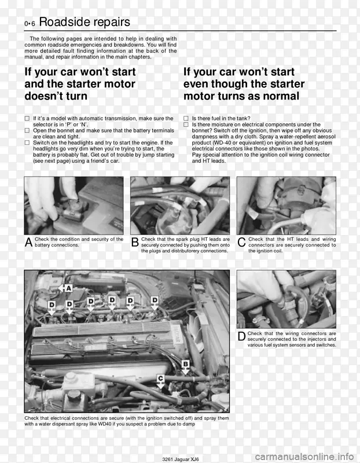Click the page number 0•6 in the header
click(30, 24)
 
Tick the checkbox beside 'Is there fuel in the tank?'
click(186, 119)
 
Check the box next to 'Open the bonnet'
click(27, 131)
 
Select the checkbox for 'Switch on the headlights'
click(27, 142)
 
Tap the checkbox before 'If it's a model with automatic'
click(27, 119)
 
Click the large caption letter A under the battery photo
click(28, 242)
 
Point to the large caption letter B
click(135, 242)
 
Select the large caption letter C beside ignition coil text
click(241, 242)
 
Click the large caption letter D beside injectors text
click(241, 336)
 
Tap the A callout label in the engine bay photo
click(68, 288)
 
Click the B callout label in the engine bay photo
click(185, 364)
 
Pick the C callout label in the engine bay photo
click(160, 379)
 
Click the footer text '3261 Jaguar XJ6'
click(181, 459)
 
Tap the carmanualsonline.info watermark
click(304, 457)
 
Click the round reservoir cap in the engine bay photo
click(74, 395)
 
